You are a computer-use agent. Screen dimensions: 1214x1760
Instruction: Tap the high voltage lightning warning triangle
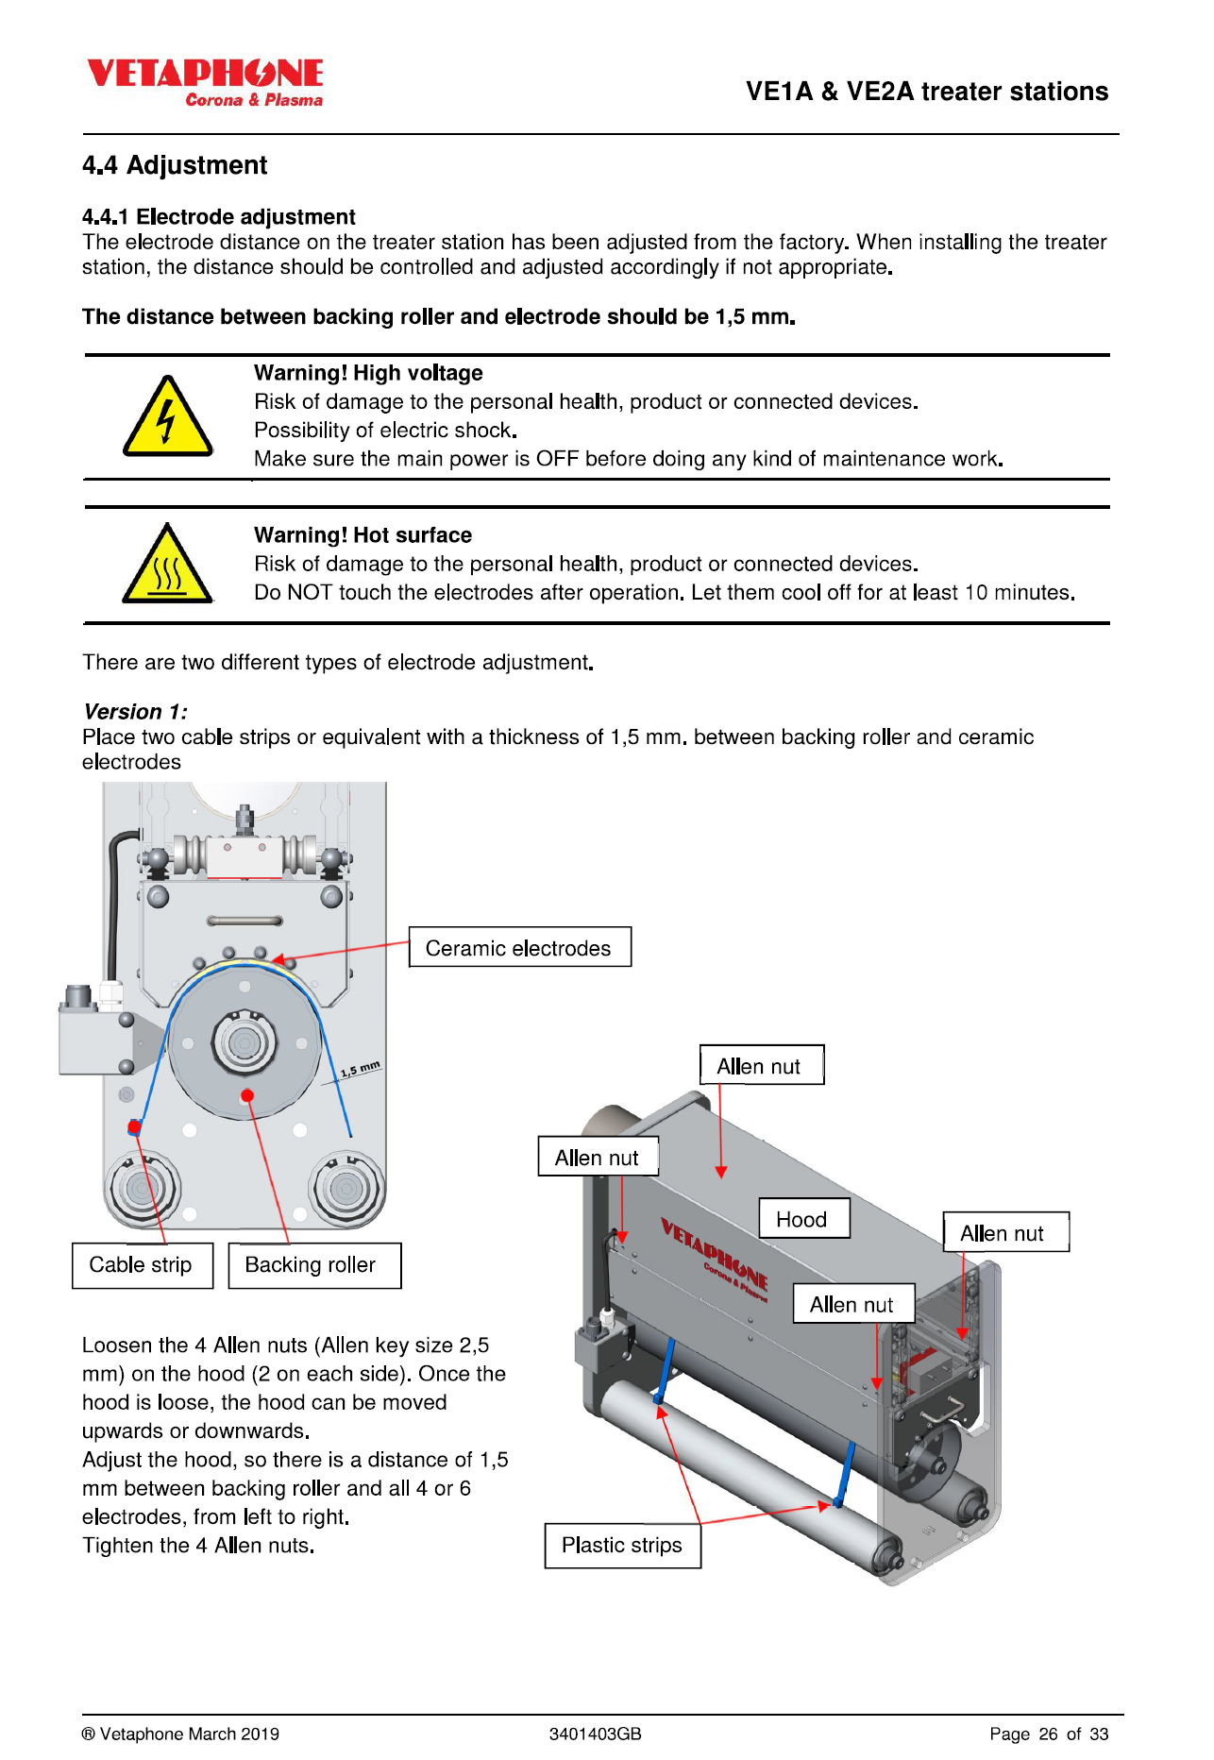167,416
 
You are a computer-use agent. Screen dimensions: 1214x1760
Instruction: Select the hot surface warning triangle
167,564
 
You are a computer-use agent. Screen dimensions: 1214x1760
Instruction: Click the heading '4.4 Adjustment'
175,165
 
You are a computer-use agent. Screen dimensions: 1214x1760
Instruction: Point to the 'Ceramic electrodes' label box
519,947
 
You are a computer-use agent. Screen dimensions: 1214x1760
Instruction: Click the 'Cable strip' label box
142,1265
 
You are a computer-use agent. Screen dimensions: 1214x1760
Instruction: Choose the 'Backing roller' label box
314,1265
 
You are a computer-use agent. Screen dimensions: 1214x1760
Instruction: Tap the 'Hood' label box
804,1218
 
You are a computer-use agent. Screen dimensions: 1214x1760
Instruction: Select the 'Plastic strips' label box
622,1546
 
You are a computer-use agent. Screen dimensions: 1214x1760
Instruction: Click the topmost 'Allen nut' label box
761,1065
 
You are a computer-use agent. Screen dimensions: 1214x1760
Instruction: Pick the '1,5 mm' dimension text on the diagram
361,1069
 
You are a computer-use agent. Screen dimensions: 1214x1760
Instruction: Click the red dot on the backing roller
247,1095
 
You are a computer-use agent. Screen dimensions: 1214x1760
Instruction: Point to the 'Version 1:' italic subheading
135,711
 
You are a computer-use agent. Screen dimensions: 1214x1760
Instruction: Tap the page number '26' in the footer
1048,1734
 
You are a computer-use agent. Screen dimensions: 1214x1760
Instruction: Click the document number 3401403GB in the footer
596,1734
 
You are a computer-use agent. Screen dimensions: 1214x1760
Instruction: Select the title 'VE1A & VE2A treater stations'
927,92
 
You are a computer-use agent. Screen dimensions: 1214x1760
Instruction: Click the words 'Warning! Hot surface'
363,535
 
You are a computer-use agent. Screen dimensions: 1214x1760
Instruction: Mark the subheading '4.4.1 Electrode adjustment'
219,216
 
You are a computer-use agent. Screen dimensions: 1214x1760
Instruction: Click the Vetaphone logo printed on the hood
715,1258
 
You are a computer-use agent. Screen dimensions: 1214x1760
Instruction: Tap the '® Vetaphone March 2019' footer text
180,1734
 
